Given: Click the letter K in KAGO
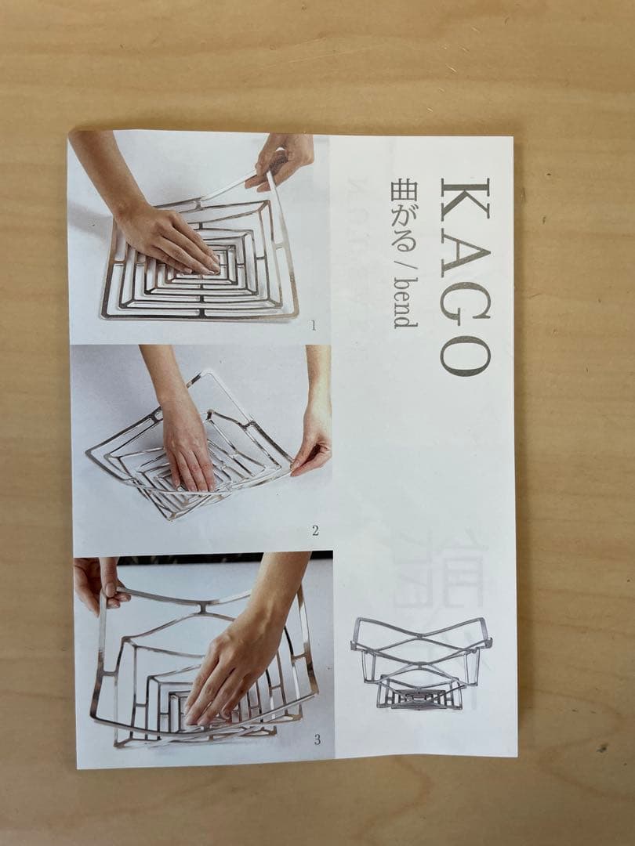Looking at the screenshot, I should click(465, 199).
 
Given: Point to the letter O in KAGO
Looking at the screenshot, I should click(465, 355).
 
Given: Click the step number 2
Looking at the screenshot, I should click(315, 531).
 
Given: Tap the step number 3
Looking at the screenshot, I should click(316, 739).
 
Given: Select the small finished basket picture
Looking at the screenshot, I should click(420, 663).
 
